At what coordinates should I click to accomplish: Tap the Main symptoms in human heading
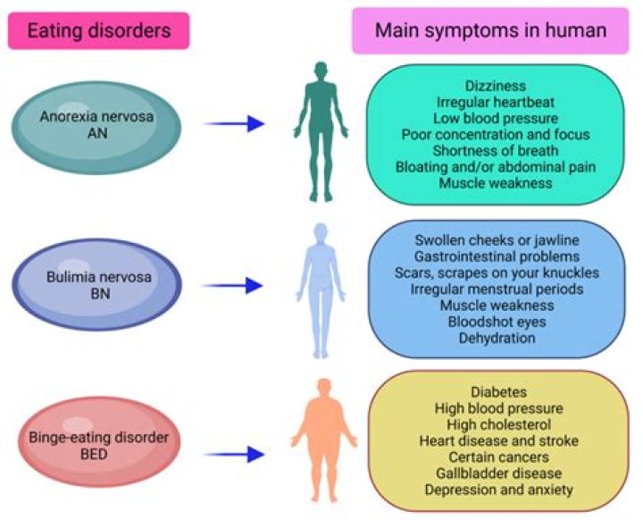tap(490, 30)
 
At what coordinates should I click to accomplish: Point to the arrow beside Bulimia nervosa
tap(235, 285)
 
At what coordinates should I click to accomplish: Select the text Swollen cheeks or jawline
tap(498, 241)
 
